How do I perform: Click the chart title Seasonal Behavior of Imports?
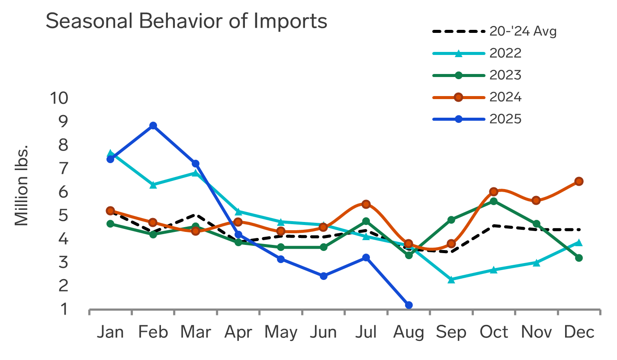point(186,21)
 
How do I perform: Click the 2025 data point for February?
point(153,126)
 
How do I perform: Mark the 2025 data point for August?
point(408,305)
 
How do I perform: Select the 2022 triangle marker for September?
point(451,280)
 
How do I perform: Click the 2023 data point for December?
point(579,258)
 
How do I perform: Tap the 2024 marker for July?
point(366,204)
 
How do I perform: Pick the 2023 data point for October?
point(494,201)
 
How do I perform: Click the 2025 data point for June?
point(323,276)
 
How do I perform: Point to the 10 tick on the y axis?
point(59,98)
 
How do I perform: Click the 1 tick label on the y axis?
point(64,309)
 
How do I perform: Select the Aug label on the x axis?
point(408,332)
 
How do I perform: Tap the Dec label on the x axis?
point(579,332)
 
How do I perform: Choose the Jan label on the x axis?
point(110,332)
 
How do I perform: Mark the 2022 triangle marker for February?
point(153,185)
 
